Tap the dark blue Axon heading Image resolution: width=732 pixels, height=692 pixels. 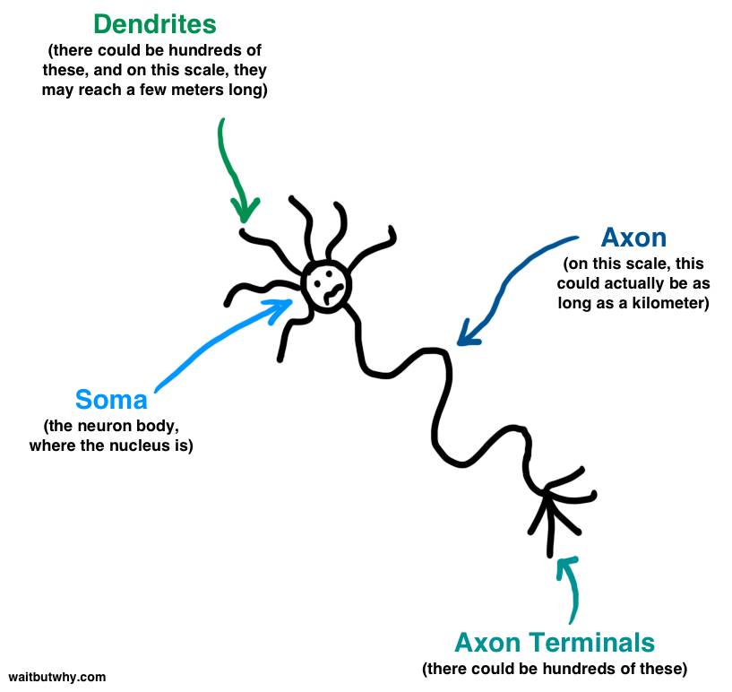tap(633, 238)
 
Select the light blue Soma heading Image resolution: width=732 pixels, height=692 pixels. tap(111, 399)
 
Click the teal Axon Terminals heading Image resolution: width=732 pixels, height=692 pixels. tap(555, 643)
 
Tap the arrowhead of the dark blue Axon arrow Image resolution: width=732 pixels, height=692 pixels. tap(462, 338)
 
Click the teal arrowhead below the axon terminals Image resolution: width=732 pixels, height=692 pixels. tap(564, 564)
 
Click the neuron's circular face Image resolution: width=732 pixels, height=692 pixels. tap(326, 285)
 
